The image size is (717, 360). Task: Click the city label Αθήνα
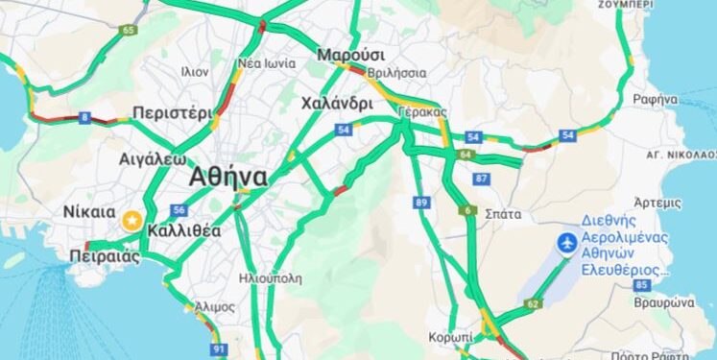click(228, 177)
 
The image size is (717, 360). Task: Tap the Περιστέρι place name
click(173, 112)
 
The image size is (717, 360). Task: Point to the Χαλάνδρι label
click(336, 103)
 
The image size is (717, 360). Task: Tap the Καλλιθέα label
click(184, 230)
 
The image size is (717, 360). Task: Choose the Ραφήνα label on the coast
click(656, 99)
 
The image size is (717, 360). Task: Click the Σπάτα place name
click(504, 213)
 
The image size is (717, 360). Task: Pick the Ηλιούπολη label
click(271, 278)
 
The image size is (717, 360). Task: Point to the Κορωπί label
click(450, 338)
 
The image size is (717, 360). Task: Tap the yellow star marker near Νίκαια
click(131, 221)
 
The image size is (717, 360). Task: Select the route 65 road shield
click(129, 30)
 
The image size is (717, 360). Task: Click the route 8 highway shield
click(85, 118)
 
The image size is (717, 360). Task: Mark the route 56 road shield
click(179, 210)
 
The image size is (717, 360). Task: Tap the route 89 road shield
click(422, 202)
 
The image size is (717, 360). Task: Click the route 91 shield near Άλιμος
click(220, 348)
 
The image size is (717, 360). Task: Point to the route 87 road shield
click(481, 180)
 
